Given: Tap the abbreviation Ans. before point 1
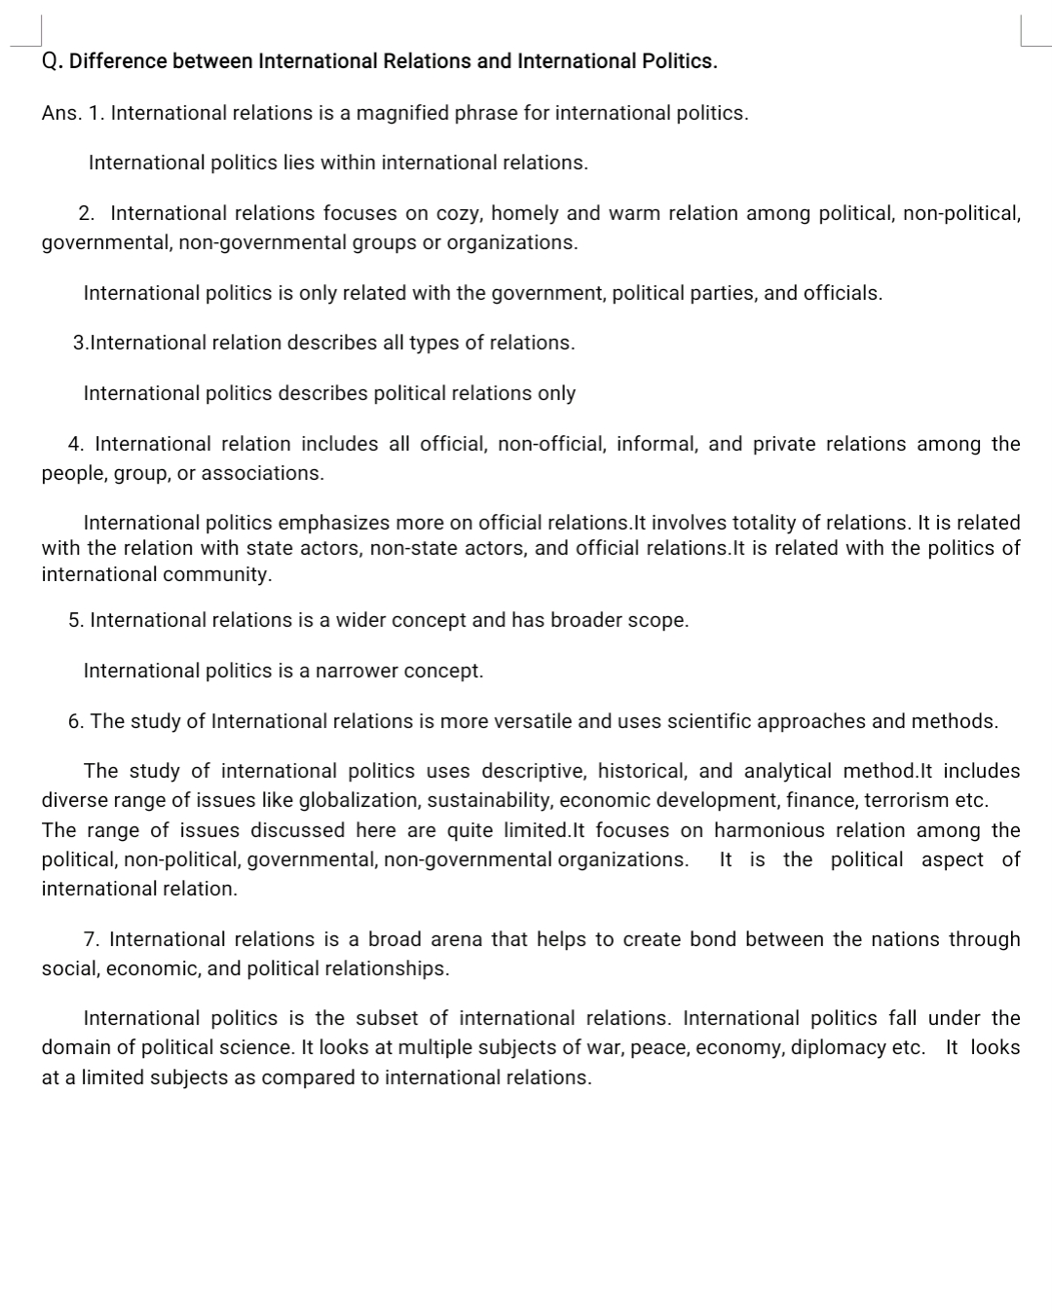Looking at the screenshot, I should coord(60,113).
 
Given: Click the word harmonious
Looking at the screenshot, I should coord(770,830).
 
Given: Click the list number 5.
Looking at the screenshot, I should coord(75,620).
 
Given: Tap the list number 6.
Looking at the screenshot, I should coord(75,721).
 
